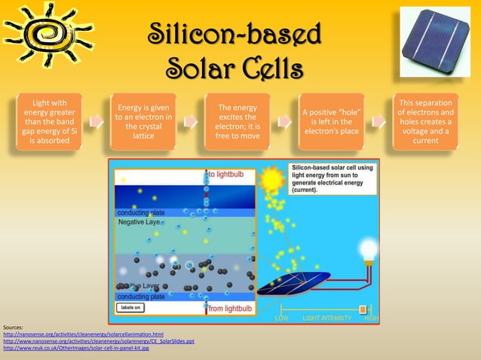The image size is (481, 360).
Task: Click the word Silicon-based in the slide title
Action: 234,34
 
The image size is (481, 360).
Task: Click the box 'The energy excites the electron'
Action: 237,121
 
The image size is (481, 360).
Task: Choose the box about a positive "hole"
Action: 331,121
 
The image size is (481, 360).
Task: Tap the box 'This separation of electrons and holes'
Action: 425,121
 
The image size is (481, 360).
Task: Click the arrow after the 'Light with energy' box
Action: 97,121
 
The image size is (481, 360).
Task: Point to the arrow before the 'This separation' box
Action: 378,121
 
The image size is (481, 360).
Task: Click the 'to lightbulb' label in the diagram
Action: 226,174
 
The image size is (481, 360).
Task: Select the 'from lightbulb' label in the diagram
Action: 229,309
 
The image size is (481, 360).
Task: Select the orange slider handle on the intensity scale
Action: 363,310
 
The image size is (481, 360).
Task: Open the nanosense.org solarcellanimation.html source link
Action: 83,334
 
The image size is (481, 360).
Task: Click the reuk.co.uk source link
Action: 76,349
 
